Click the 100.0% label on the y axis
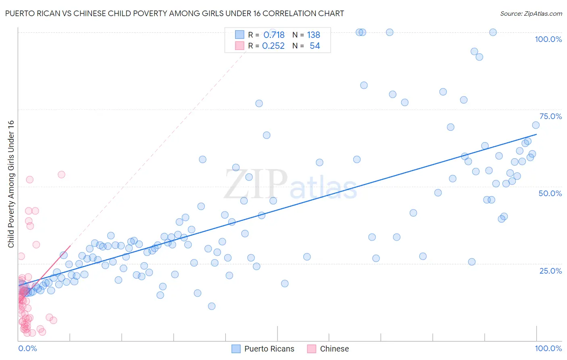[x=548, y=39]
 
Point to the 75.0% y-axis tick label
[x=550, y=116]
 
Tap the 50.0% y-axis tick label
[x=550, y=193]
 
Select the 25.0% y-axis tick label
[x=550, y=270]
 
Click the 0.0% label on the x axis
[x=27, y=348]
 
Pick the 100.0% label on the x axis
[x=548, y=348]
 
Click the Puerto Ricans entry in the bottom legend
[x=269, y=349]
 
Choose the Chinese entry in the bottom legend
[x=334, y=349]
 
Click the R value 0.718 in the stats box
[x=274, y=35]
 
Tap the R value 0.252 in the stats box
[x=273, y=46]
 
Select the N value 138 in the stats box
[x=313, y=35]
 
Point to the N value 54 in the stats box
[x=315, y=46]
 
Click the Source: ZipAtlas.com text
[x=531, y=13]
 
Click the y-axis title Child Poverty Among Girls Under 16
[x=11, y=184]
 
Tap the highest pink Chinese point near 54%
[x=61, y=175]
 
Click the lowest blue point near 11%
[x=212, y=306]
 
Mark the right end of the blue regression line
[x=537, y=134]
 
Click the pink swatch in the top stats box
[x=240, y=46]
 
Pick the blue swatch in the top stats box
[x=240, y=35]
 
